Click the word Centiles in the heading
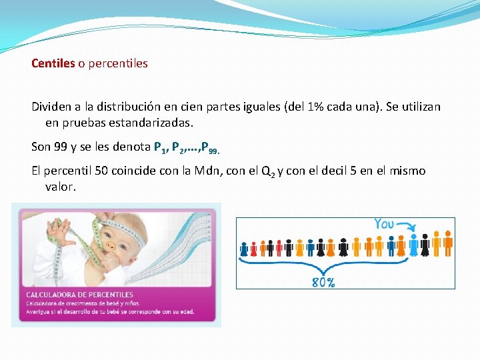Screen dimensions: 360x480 [53, 64]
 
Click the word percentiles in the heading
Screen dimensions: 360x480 [117, 64]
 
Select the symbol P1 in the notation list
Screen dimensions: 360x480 [159, 147]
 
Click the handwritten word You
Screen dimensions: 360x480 [384, 224]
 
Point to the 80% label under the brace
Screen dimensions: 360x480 [323, 282]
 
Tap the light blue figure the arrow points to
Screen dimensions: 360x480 [414, 245]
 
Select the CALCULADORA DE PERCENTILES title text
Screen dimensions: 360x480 [79, 294]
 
